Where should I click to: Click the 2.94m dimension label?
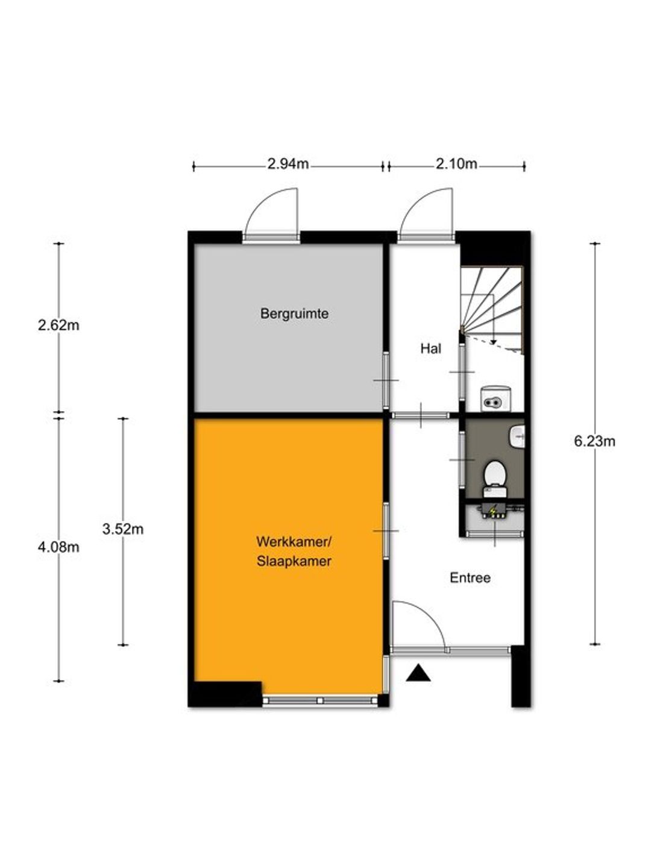(x=288, y=164)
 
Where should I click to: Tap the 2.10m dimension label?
(x=456, y=164)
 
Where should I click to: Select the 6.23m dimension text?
(x=594, y=441)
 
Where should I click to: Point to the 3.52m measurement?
(x=123, y=529)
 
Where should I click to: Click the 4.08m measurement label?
(x=58, y=547)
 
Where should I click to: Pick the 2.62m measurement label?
(x=58, y=325)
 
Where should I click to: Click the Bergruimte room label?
(x=294, y=314)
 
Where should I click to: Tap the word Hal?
(x=430, y=348)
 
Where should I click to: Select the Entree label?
(x=470, y=578)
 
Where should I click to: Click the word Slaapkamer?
(x=294, y=562)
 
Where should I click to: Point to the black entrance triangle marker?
(x=418, y=673)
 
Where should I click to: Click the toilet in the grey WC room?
(x=495, y=474)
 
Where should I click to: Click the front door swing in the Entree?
(x=418, y=626)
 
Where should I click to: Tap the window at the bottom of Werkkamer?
(x=320, y=700)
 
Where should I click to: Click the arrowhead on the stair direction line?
(x=493, y=342)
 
